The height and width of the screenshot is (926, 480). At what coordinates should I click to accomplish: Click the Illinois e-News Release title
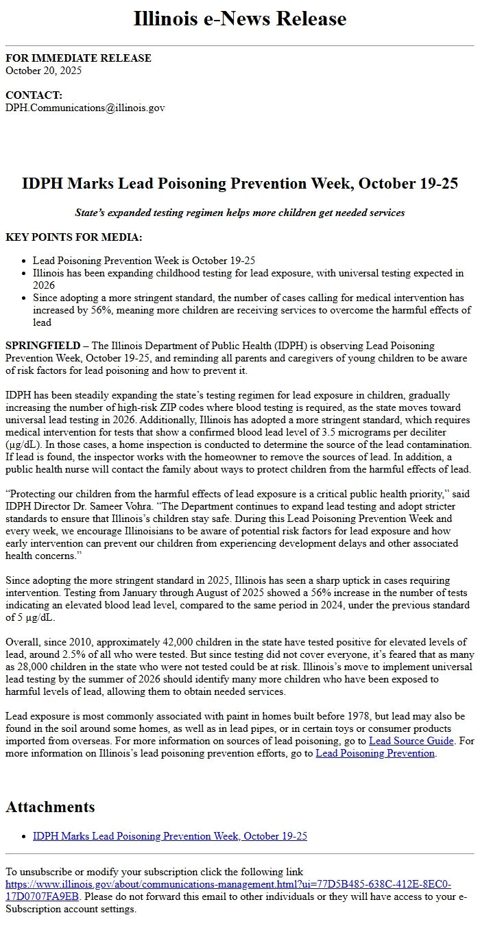[240, 19]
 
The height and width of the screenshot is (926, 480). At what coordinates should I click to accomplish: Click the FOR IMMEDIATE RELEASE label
[78, 58]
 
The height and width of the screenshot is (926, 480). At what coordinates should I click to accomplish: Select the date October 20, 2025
[43, 70]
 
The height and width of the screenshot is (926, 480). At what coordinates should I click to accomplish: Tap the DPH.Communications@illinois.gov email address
[85, 108]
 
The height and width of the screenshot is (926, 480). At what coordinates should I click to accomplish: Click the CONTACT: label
[34, 95]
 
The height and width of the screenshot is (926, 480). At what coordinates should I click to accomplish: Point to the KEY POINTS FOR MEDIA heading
[74, 237]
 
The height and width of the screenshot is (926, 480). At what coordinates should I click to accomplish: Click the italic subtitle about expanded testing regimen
[240, 213]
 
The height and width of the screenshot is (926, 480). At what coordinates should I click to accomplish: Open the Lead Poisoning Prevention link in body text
[375, 753]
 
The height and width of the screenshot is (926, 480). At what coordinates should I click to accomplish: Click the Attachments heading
[50, 807]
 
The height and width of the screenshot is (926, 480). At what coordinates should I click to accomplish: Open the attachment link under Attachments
[170, 836]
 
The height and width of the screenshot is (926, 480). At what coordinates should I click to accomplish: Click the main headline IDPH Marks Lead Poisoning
[240, 184]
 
